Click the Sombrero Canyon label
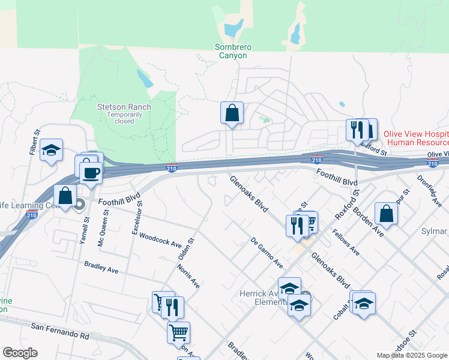[x=231, y=51]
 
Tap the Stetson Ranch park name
[x=124, y=107]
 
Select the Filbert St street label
[x=34, y=142]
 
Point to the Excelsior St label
[x=135, y=217]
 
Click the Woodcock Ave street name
[x=160, y=241]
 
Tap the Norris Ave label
[x=188, y=275]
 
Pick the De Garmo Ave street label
[x=267, y=252]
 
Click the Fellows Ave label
[x=346, y=243]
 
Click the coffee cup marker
[x=91, y=173]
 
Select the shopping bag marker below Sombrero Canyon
[x=232, y=113]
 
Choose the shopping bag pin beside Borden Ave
[x=386, y=214]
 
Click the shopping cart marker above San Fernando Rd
[x=178, y=332]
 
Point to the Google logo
[x=20, y=353]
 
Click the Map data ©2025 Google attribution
[x=412, y=355]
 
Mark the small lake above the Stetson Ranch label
[x=143, y=77]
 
